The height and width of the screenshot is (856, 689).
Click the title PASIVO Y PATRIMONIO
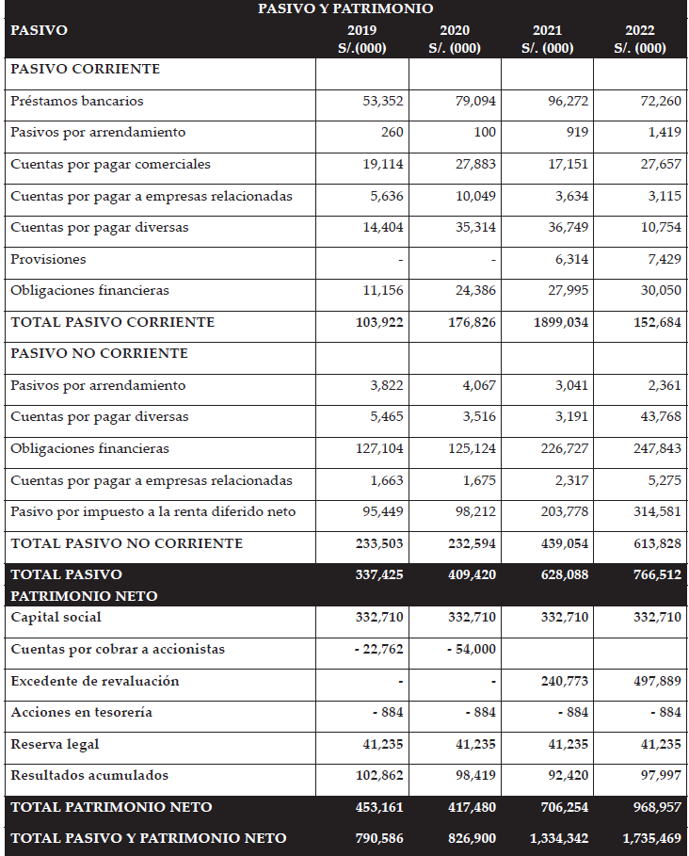click(x=345, y=8)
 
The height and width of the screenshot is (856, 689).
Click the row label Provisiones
click(x=48, y=259)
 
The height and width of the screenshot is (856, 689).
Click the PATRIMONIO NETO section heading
click(x=84, y=596)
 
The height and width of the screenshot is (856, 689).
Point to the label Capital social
click(x=56, y=618)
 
